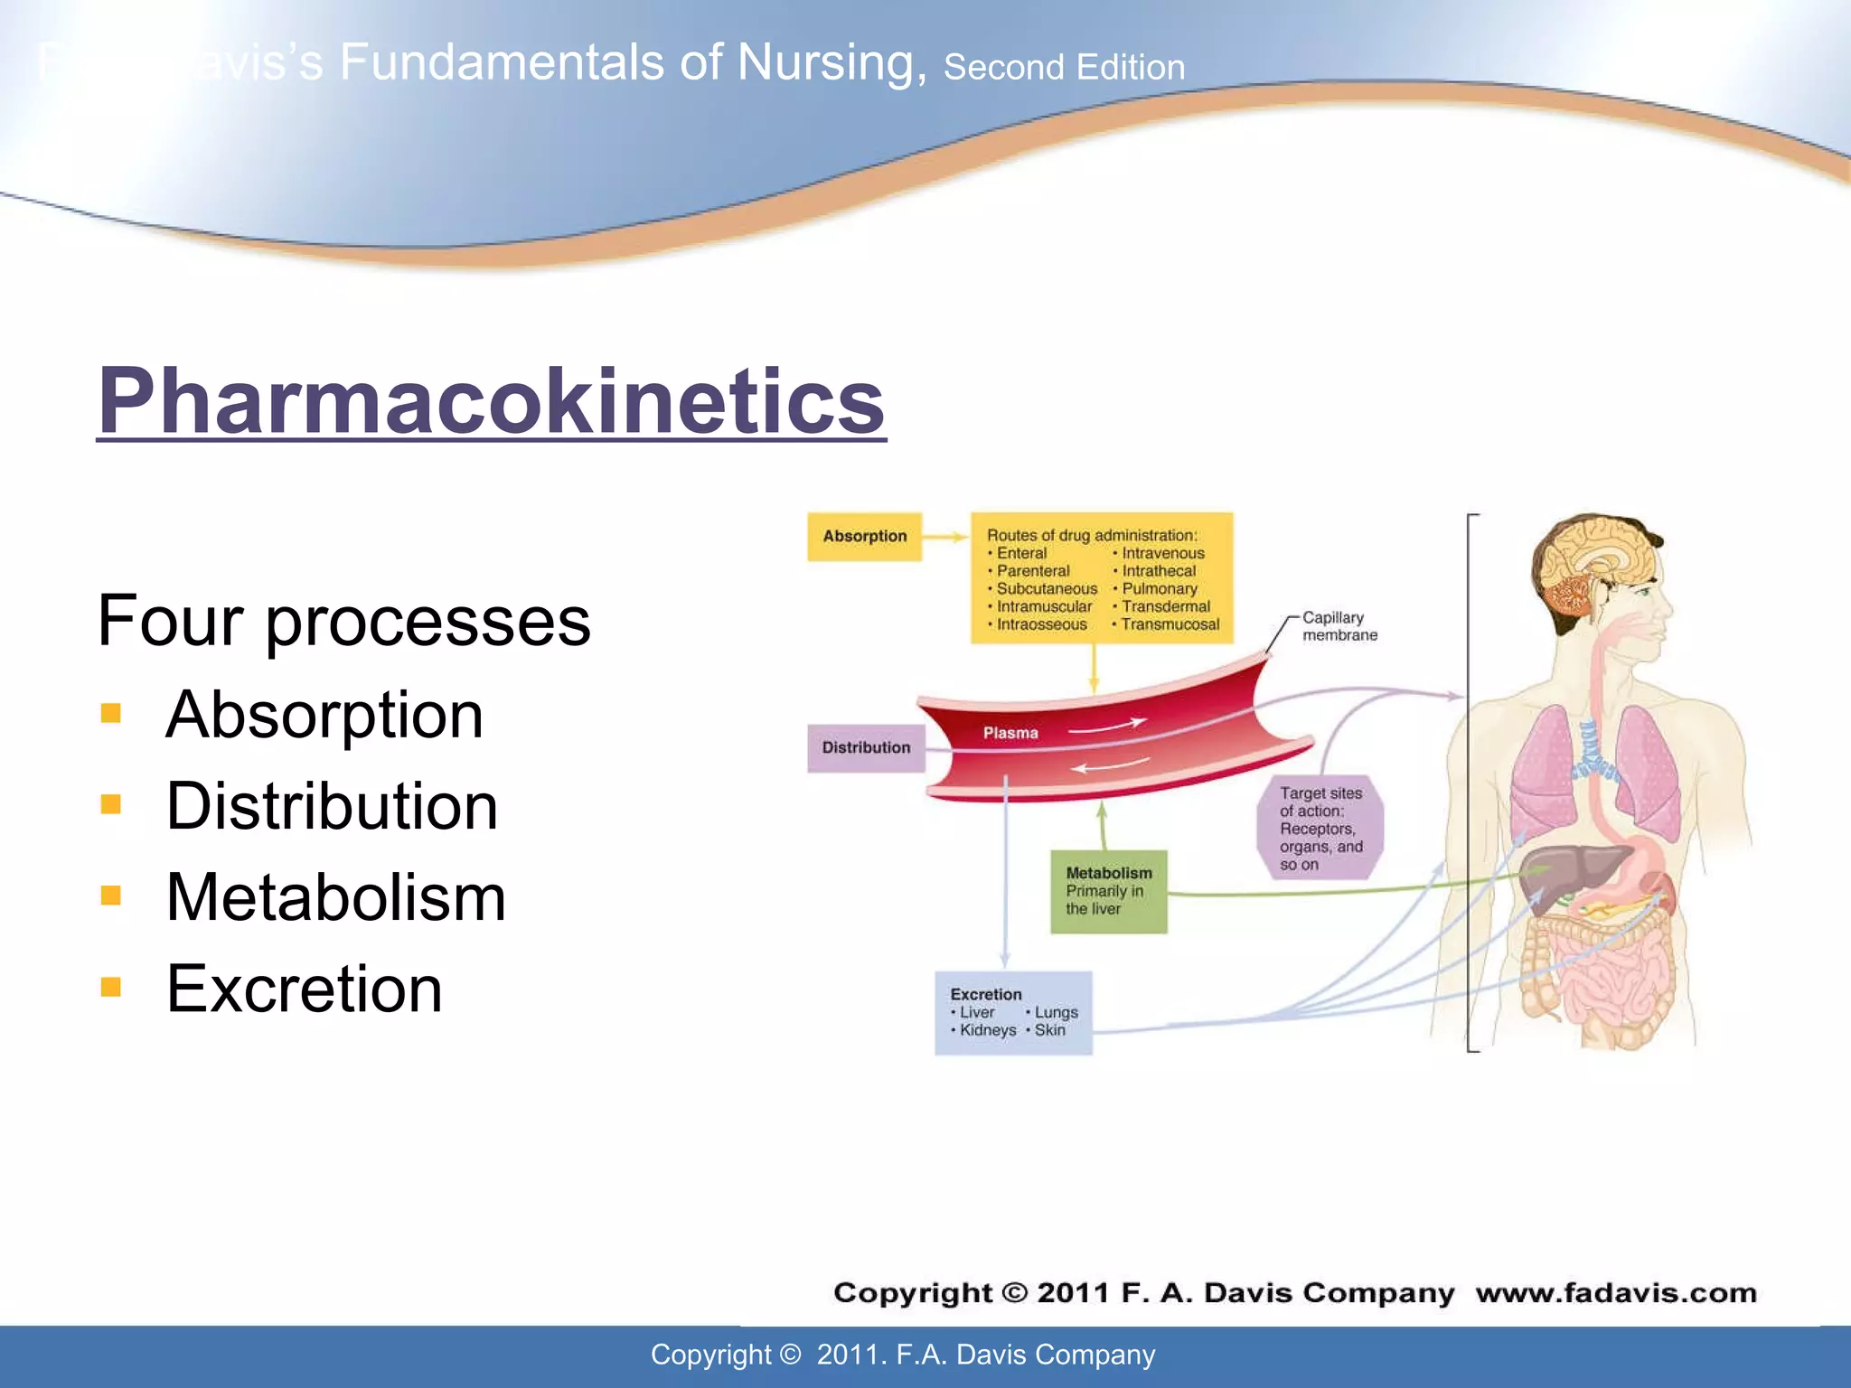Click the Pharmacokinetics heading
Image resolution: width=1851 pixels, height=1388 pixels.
point(491,401)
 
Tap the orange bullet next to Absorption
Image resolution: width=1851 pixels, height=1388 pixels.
point(111,714)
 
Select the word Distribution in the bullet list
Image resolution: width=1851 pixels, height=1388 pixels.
point(332,806)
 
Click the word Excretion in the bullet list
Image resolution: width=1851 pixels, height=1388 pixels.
point(304,989)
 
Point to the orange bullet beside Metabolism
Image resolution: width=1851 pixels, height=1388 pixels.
point(111,896)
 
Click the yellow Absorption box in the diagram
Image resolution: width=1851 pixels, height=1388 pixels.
point(864,537)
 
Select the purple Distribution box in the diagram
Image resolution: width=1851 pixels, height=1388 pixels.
point(866,748)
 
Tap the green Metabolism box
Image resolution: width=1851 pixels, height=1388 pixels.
point(1108,892)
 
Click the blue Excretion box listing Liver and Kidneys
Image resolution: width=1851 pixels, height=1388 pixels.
point(1013,1013)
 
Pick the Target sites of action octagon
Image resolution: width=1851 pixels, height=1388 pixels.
point(1320,828)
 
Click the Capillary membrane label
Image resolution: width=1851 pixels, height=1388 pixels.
point(1339,626)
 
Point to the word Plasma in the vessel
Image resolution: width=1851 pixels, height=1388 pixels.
point(1010,733)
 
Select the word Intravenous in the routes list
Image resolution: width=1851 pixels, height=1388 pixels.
point(1162,553)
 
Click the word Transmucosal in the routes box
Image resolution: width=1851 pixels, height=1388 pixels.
point(1170,624)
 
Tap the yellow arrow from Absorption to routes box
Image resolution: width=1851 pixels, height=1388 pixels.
point(945,537)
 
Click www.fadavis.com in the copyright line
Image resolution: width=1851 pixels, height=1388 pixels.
point(1616,1293)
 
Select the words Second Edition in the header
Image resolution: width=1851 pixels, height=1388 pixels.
point(1064,68)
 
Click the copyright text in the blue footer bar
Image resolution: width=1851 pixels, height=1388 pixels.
point(903,1355)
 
